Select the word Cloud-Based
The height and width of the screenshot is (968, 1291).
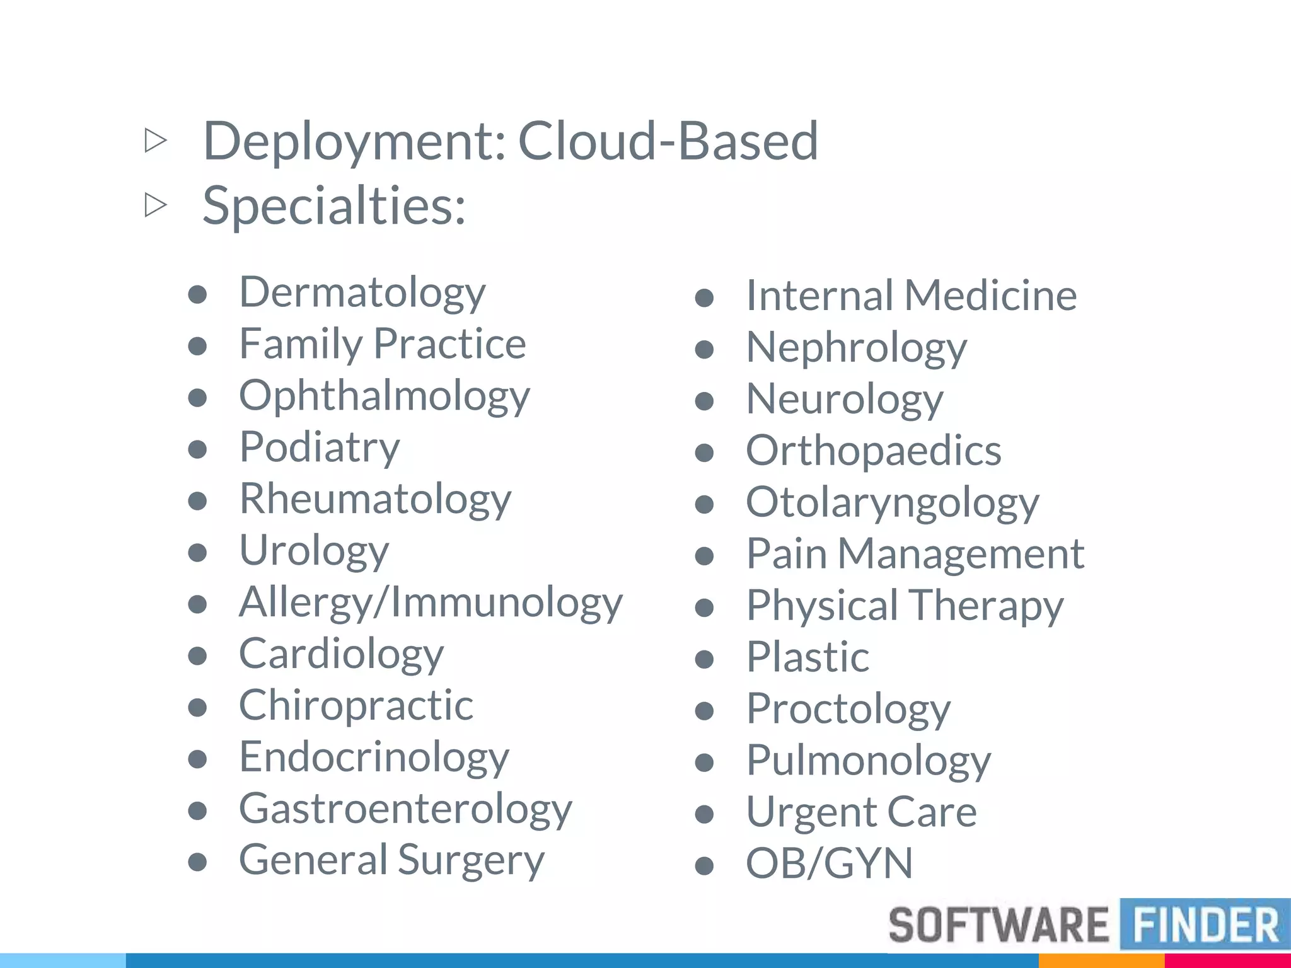668,141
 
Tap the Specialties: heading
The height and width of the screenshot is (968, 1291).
333,205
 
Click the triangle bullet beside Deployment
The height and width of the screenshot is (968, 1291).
155,141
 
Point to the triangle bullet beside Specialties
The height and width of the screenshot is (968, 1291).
155,205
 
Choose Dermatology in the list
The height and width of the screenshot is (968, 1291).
362,292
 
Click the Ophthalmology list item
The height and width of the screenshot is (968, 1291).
385,396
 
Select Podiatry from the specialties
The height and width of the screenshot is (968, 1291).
319,447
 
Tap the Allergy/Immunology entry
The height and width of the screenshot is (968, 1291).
431,602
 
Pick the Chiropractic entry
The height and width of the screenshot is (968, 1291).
356,705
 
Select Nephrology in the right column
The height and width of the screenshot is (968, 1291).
856,348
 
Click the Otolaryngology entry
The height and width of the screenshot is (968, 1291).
892,503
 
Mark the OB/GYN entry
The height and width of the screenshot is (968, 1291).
829,863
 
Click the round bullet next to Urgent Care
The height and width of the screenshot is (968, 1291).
704,815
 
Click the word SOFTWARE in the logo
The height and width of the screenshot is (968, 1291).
998,925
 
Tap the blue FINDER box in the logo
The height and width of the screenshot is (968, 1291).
1205,925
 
